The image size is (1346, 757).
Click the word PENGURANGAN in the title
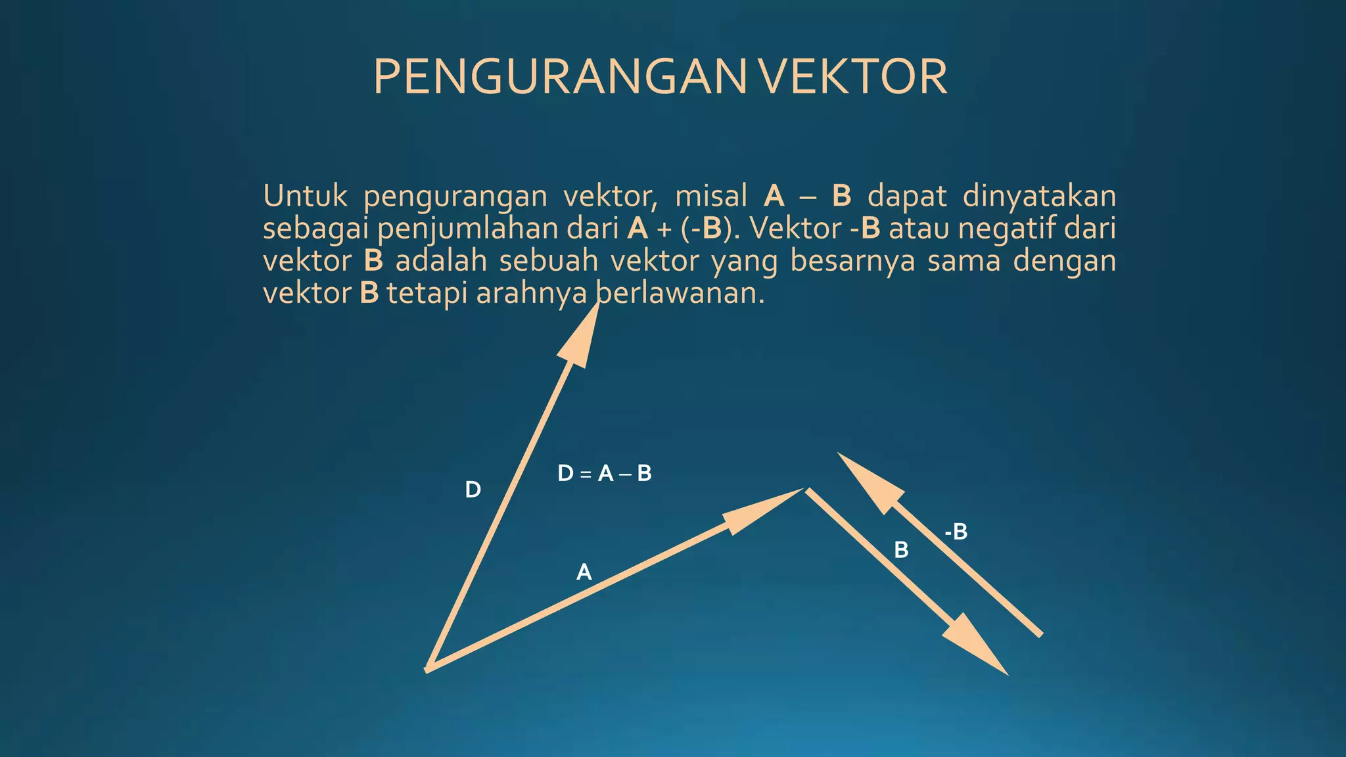point(559,78)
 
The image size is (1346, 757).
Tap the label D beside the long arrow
point(473,490)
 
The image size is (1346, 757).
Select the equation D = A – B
point(604,473)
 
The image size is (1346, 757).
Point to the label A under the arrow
point(584,572)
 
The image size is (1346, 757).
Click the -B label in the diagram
point(956,532)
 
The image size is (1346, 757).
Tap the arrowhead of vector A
point(762,511)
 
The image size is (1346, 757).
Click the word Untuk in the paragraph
point(305,196)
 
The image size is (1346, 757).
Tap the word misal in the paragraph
point(711,196)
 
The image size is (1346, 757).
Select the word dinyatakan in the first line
point(1039,196)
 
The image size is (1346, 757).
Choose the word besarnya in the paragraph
point(852,261)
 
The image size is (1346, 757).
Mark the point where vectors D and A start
point(429,668)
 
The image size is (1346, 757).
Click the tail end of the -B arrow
point(1040,634)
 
